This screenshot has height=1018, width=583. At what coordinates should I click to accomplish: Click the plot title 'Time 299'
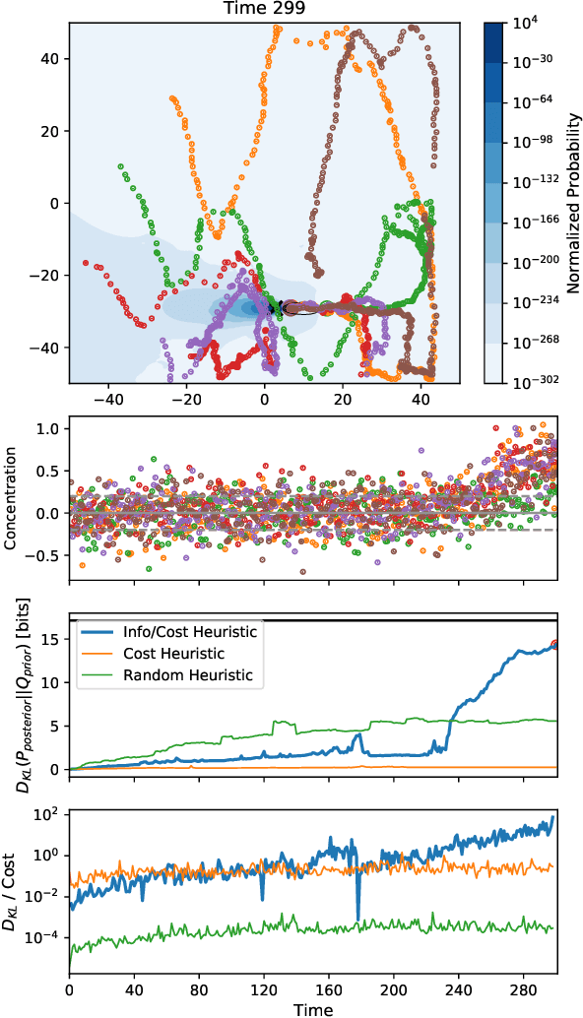[264, 11]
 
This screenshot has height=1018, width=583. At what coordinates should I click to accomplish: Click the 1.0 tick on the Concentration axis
[46, 429]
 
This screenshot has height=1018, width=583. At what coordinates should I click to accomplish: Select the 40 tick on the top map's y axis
[47, 59]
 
